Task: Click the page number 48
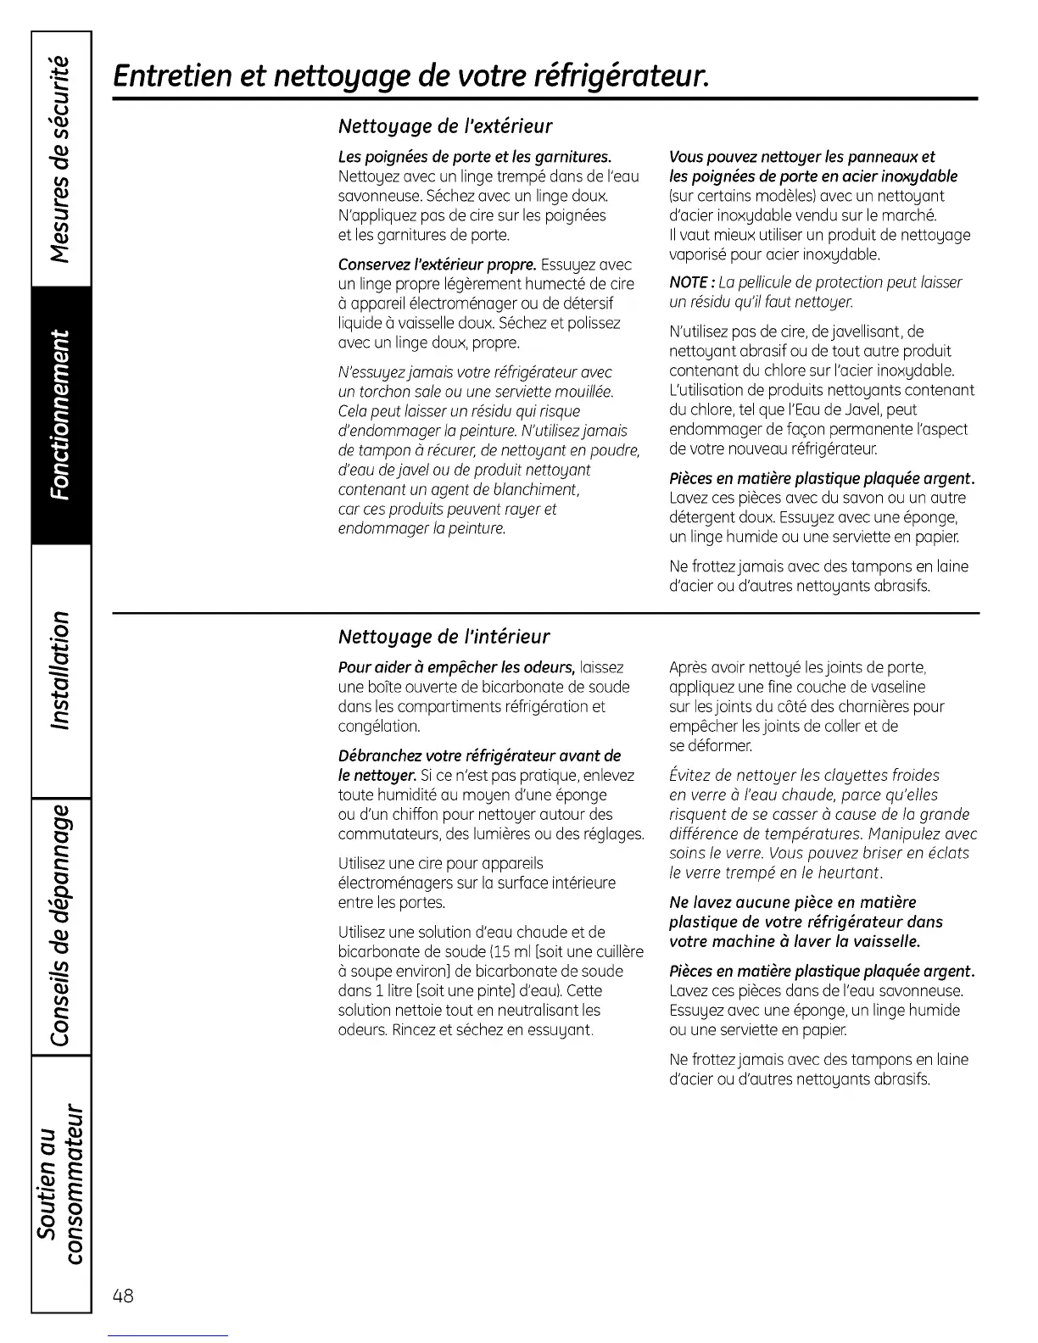click(122, 1295)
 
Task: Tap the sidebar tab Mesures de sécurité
click(61, 159)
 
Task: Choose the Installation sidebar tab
click(61, 670)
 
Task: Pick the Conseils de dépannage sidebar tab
click(61, 926)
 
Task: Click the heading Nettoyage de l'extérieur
click(445, 127)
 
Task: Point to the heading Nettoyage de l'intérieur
click(444, 637)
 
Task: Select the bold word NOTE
click(689, 282)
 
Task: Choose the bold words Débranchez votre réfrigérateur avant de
click(479, 755)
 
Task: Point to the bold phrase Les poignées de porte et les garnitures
click(475, 157)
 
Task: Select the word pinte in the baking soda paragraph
click(490, 991)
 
